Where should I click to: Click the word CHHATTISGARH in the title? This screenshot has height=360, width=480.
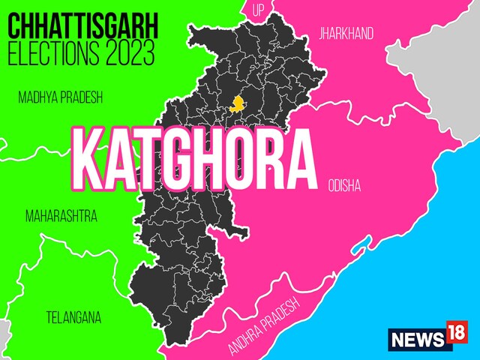click(x=82, y=28)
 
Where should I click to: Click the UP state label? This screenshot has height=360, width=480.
click(x=259, y=10)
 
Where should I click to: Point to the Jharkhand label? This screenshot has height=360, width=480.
click(x=346, y=33)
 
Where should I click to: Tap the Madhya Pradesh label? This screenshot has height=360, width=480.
click(x=60, y=97)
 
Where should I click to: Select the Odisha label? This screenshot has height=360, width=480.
click(x=344, y=184)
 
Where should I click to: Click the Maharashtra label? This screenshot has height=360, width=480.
click(x=61, y=217)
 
